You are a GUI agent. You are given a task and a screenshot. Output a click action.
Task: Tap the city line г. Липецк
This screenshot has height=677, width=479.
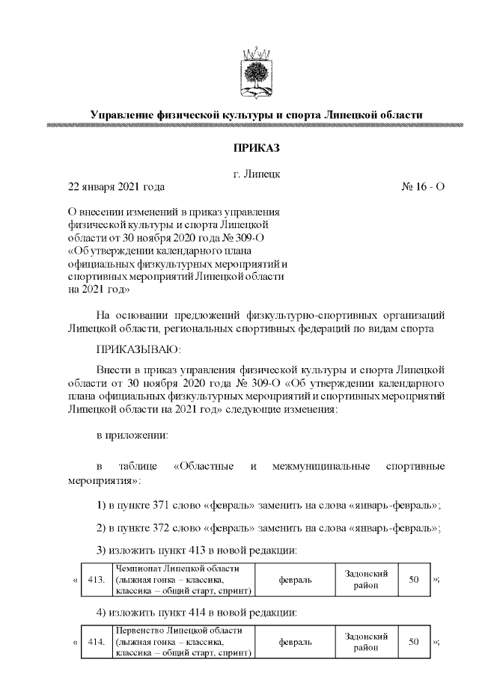point(257,174)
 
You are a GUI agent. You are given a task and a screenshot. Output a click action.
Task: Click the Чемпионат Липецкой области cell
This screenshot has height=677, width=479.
point(183,580)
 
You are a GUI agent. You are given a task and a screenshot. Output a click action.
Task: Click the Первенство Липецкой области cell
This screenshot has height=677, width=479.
point(183,642)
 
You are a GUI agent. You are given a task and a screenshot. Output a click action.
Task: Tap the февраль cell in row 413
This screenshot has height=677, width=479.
point(295,580)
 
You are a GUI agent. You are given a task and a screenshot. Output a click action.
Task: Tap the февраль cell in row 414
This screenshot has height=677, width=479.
point(295,642)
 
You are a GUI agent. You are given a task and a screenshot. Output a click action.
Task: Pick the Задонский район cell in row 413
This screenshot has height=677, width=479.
point(365,580)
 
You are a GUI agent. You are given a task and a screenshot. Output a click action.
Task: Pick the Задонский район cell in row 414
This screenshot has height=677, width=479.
point(365,642)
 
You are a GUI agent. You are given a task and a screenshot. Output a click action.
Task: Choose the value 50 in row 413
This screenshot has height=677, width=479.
point(413,580)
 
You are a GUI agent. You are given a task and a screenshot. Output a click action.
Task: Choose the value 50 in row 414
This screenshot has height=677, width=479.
point(413,642)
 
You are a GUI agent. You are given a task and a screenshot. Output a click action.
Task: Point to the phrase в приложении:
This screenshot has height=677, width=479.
point(132,435)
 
